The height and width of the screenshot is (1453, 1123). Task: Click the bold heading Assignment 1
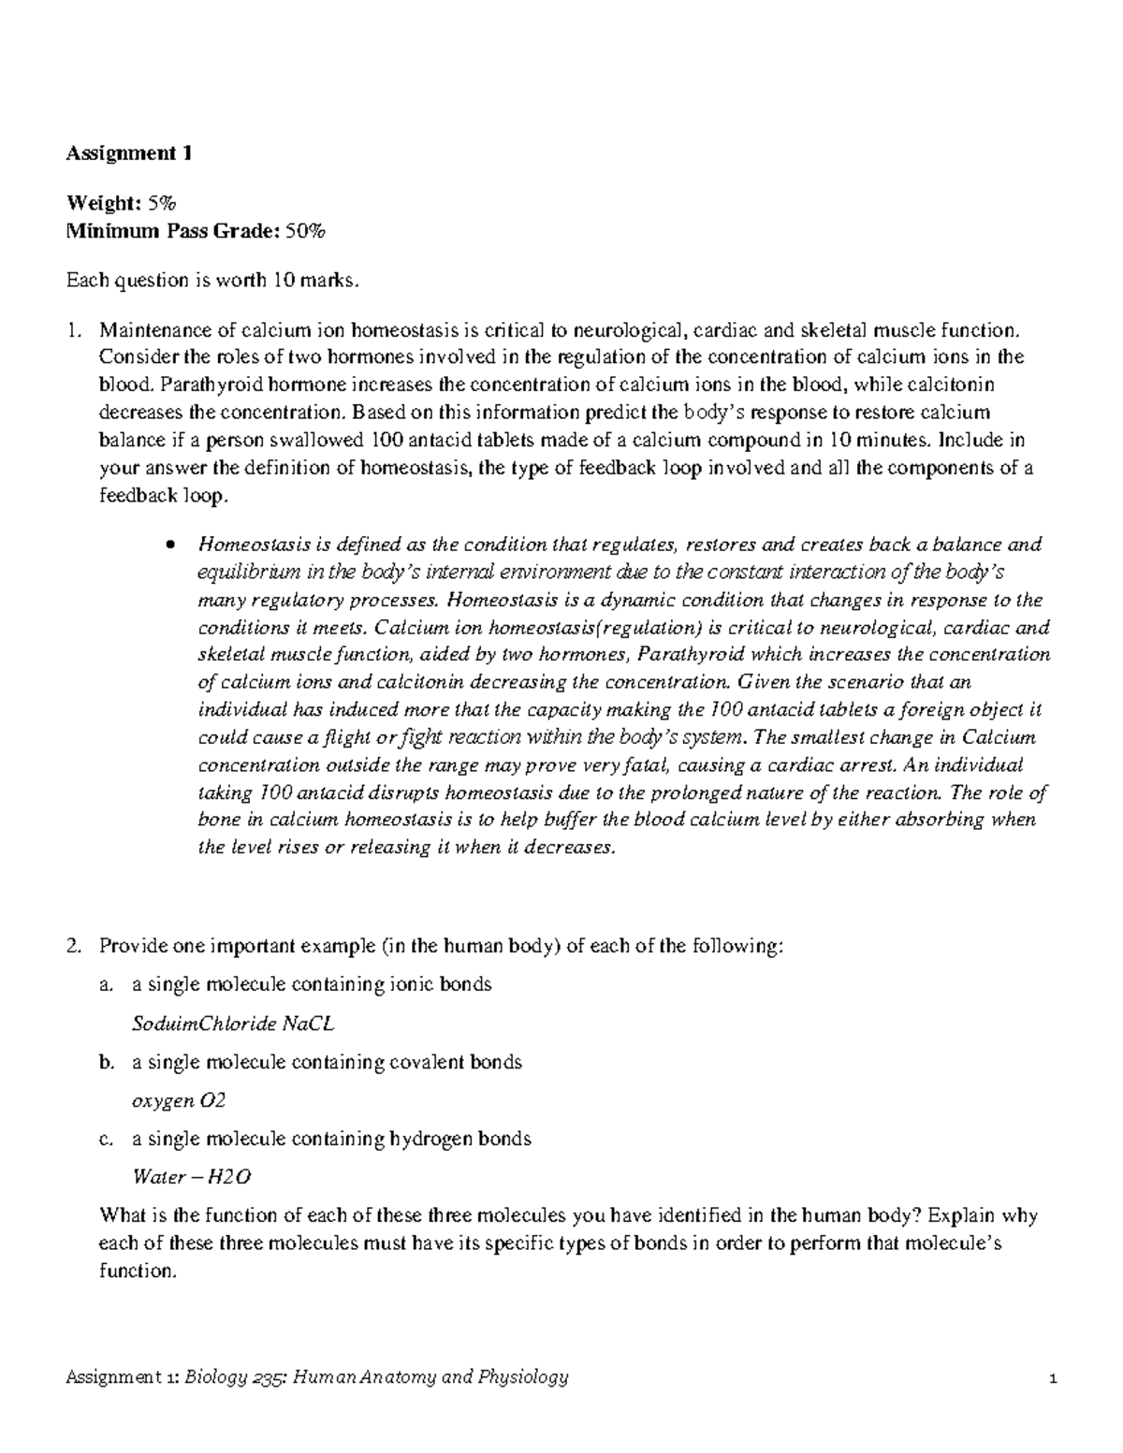coord(128,154)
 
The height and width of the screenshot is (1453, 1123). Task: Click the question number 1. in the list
coord(74,330)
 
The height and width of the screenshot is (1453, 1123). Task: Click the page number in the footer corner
coord(1053,1378)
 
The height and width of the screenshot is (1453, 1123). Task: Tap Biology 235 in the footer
coord(226,1377)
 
